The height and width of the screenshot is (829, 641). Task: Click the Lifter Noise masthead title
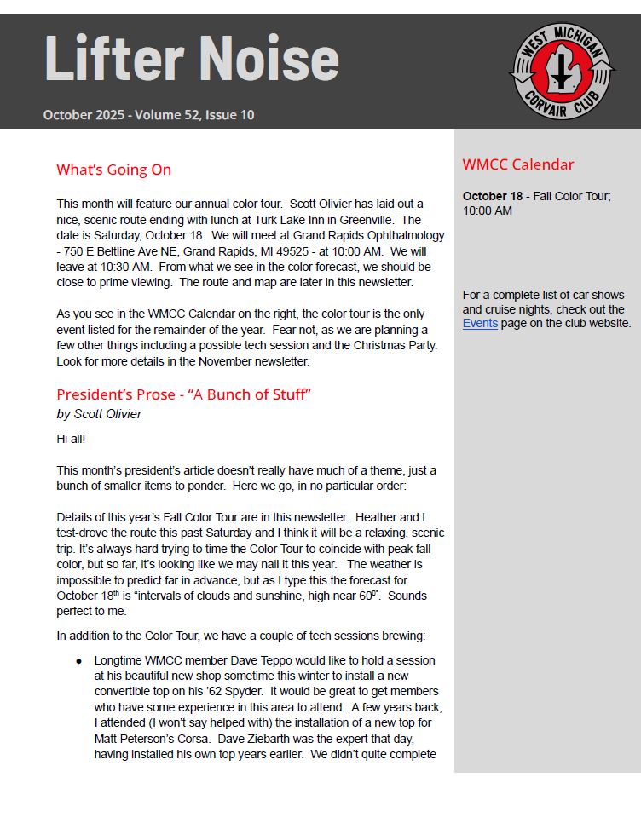[191, 59]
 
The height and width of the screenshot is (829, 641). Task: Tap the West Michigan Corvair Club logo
[561, 72]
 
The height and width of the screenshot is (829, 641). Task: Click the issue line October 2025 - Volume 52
[148, 115]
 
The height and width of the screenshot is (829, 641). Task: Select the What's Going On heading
[113, 170]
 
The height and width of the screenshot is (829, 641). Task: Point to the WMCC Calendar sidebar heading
[517, 165]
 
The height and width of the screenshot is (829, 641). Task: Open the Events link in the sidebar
[480, 324]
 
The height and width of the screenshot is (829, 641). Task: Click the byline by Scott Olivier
[99, 414]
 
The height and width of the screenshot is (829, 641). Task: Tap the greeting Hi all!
[72, 439]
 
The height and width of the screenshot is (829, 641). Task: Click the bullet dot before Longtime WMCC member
[79, 661]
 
